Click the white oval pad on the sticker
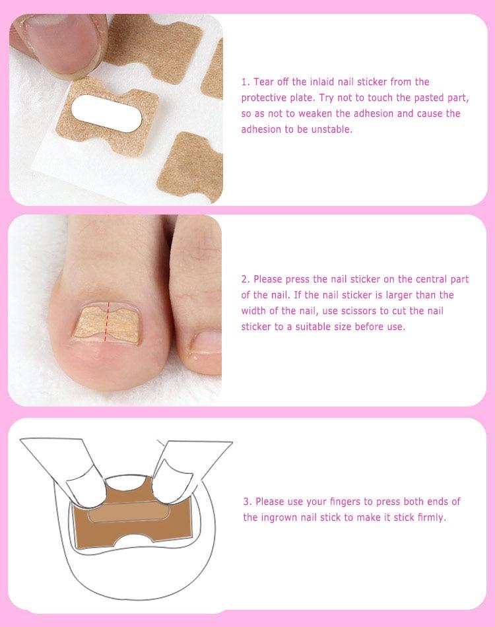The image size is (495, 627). [106, 113]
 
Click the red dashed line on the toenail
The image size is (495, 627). [107, 322]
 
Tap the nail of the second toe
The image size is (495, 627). [207, 341]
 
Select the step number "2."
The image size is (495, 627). [245, 279]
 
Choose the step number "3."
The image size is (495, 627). [247, 502]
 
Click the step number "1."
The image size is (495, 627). [245, 82]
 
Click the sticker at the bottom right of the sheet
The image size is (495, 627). [191, 167]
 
